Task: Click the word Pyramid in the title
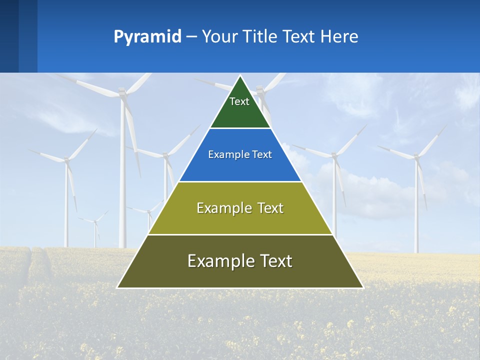pos(147,37)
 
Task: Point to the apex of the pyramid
pos(240,76)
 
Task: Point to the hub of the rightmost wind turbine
pos(415,156)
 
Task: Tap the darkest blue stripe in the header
pos(9,36)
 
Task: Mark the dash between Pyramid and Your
pos(191,37)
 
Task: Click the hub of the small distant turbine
pos(95,222)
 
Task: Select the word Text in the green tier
pos(239,101)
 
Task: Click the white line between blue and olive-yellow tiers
pos(240,181)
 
